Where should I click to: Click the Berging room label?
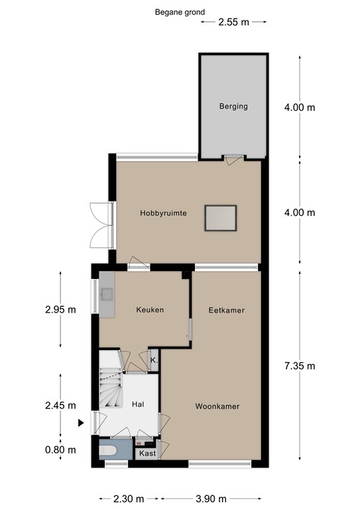233,107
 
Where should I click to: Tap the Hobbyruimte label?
163,213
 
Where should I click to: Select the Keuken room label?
150,310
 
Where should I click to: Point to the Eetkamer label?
227,310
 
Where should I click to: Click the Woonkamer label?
217,406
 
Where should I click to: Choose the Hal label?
138,404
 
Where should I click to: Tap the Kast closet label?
148,453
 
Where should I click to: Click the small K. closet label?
154,361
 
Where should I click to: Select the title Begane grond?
180,13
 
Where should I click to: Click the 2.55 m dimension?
234,22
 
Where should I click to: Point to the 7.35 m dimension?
300,366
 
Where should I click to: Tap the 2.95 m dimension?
61,310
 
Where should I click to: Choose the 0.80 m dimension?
61,449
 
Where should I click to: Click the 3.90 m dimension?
211,498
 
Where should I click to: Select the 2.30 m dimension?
129,498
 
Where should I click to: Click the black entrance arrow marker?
81,423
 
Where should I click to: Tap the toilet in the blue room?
108,450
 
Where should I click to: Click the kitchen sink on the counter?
107,294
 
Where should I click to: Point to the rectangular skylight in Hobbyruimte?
220,218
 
